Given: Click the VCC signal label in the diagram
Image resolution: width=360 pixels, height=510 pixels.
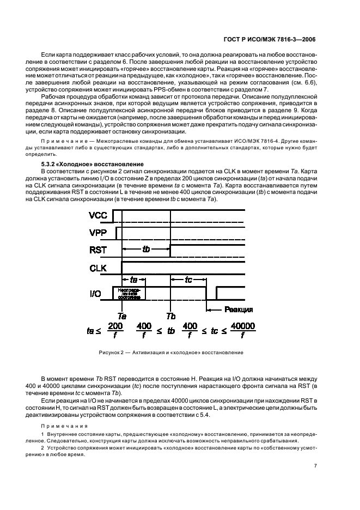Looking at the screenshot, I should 97,216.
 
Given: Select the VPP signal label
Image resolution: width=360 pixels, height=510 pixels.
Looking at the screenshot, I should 97,233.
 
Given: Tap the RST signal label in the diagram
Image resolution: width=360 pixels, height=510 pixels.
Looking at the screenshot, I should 97,251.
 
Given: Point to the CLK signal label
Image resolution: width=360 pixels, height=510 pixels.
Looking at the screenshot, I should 97,268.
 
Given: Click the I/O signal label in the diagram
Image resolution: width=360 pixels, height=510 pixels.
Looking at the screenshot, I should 96,294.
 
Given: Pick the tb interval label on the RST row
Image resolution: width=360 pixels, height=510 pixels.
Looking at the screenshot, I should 146,248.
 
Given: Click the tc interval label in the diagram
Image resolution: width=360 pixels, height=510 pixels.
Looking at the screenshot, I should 188,280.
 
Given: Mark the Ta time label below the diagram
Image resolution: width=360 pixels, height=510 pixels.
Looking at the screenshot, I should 123,316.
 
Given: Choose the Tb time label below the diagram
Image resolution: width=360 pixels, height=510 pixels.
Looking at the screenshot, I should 170,316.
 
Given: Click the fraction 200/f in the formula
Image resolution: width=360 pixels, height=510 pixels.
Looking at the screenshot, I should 115,330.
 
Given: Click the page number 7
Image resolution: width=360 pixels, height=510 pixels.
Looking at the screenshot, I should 315,466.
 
